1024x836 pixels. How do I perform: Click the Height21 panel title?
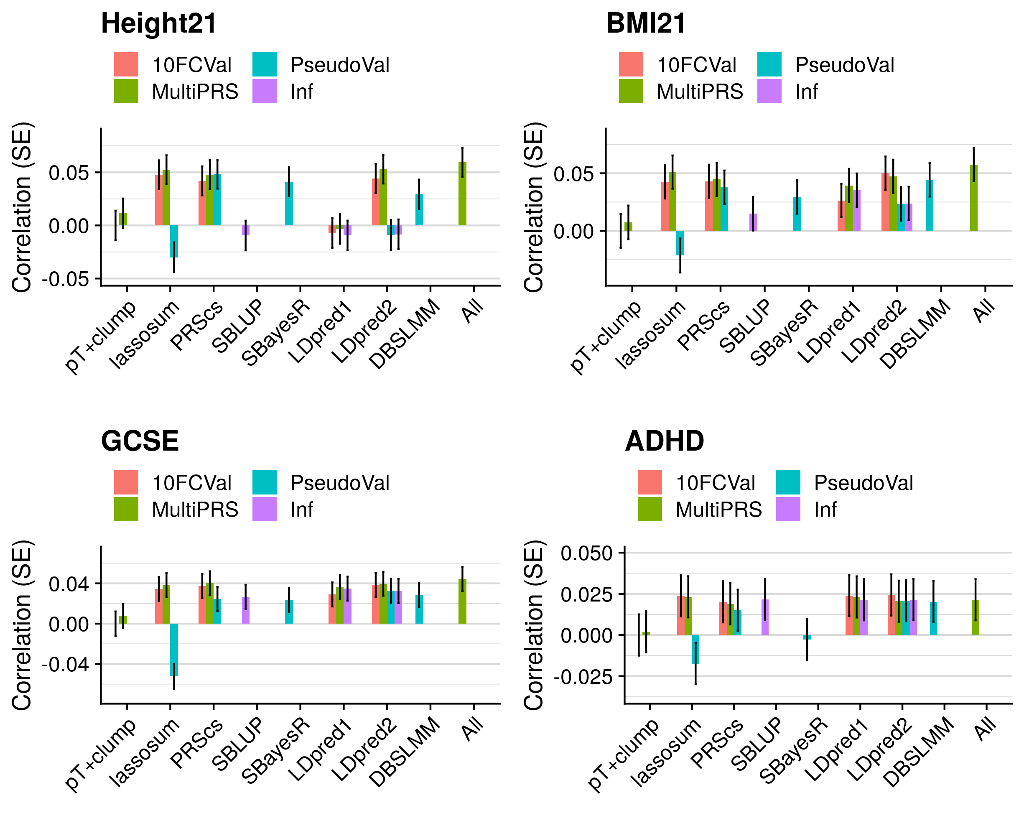tap(159, 23)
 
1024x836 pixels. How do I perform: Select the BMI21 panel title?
tap(646, 23)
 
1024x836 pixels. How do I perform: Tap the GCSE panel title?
tap(140, 441)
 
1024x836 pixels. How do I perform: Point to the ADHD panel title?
tap(665, 441)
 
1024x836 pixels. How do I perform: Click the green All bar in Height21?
tap(462, 194)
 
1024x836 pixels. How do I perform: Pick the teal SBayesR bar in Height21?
tap(289, 204)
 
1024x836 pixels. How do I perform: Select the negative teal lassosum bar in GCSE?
tap(174, 650)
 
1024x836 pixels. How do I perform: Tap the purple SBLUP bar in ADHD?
tap(765, 617)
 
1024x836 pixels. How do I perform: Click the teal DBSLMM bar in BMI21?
tap(929, 206)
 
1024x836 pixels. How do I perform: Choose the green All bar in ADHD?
tap(976, 617)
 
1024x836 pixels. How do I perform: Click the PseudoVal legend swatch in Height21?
tap(264, 64)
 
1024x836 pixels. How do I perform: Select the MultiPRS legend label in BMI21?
tap(700, 92)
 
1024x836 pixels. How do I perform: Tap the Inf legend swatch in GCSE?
tap(264, 509)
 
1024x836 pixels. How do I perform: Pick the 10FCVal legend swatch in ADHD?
tap(650, 482)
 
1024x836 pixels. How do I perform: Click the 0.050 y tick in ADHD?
tap(586, 553)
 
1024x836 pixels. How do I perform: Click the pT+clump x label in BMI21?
tap(605, 337)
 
